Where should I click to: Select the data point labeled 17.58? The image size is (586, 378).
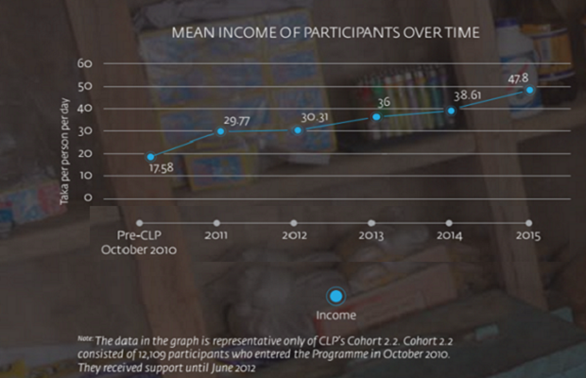[x=150, y=157]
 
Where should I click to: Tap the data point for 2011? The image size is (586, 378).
[x=221, y=130]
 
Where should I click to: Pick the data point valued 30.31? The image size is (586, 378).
[x=297, y=129]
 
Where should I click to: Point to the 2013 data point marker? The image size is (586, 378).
[x=375, y=116]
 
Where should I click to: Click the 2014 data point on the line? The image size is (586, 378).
[x=452, y=111]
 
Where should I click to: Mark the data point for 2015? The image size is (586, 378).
[x=530, y=90]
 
